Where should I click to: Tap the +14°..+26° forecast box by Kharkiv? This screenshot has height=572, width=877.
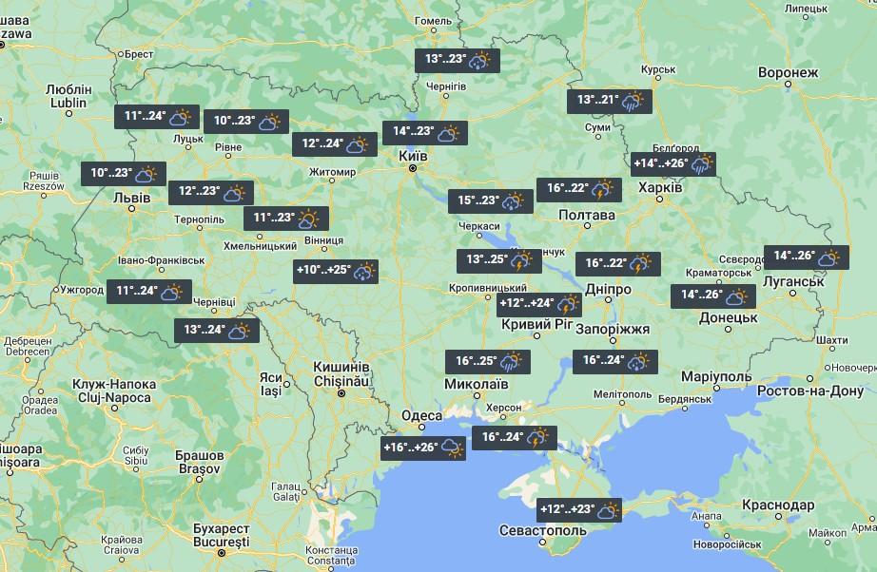click(672, 164)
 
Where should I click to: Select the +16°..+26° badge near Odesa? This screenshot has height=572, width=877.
click(422, 448)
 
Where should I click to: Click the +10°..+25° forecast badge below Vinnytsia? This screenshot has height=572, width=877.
click(336, 272)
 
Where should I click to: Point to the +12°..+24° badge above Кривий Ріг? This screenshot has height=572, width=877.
click(538, 304)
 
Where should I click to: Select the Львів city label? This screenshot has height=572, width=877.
click(131, 198)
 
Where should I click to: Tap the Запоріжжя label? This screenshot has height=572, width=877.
click(614, 329)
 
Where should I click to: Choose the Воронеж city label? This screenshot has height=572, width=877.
click(788, 73)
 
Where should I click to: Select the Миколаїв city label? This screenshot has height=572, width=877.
click(476, 384)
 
